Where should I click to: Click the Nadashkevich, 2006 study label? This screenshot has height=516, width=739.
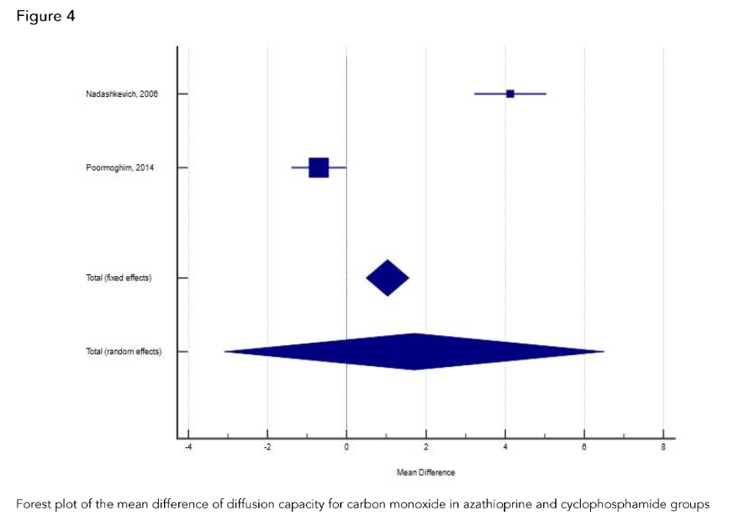click(x=121, y=93)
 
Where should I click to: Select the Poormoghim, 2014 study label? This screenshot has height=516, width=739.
click(x=119, y=168)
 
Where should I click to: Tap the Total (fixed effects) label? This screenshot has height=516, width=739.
click(x=119, y=278)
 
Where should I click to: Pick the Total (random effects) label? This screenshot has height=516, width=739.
click(x=124, y=351)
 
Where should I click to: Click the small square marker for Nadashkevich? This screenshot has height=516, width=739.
click(x=510, y=93)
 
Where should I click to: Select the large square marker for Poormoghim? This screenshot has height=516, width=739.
click(x=319, y=168)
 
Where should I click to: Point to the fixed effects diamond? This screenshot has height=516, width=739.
click(x=388, y=278)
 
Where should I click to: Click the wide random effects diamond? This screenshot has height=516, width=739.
click(x=414, y=351)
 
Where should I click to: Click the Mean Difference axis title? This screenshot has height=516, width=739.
click(x=425, y=472)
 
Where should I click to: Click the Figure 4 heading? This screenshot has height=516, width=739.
click(x=46, y=16)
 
